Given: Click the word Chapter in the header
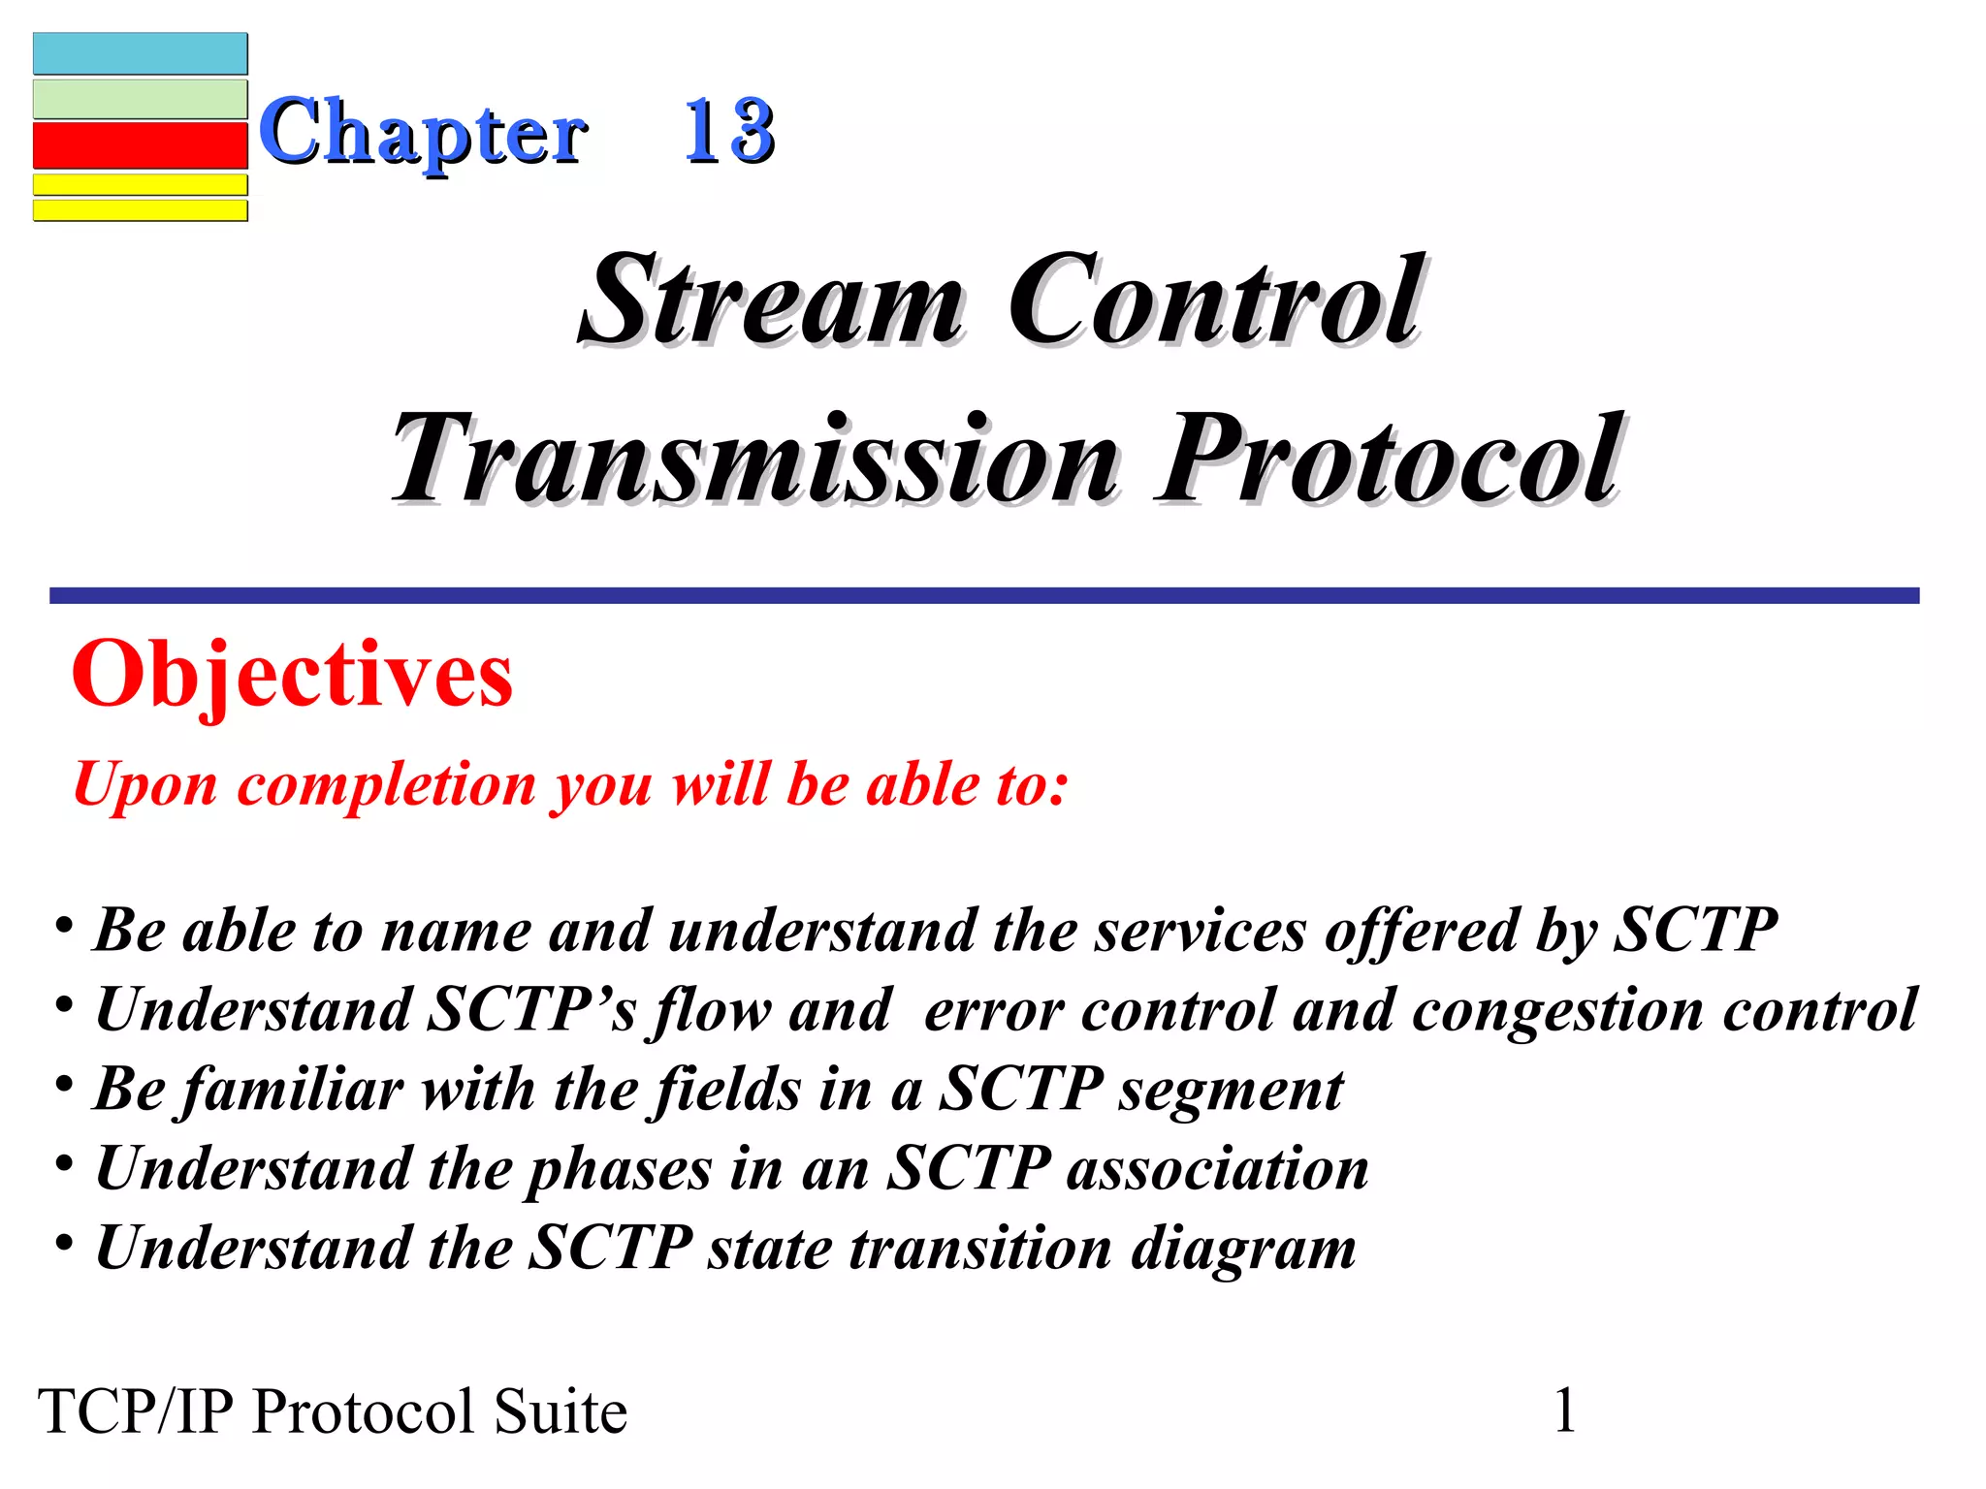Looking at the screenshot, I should tap(423, 133).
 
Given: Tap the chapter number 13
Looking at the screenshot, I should tap(729, 131).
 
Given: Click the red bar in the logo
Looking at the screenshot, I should tap(141, 145).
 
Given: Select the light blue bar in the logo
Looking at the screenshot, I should tap(141, 54).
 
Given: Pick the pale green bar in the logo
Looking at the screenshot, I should tap(141, 99).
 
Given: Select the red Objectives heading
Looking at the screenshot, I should tap(292, 675).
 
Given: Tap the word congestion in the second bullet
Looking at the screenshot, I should tap(1557, 1010).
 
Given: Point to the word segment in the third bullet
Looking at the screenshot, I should tap(1232, 1090).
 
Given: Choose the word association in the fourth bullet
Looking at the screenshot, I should tap(1218, 1168).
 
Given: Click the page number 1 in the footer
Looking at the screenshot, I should tap(1565, 1410).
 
